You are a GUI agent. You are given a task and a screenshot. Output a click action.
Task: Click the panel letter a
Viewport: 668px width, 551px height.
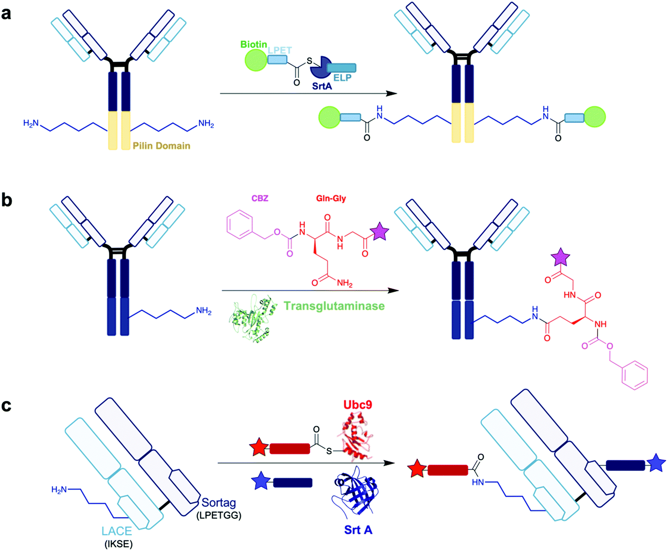coord(6,14)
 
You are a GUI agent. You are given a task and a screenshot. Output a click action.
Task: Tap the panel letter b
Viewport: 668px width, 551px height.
coord(6,200)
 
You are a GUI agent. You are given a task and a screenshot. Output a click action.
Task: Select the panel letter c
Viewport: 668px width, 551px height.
coord(6,405)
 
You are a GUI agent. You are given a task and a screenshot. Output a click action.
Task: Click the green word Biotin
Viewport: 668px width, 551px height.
coord(254,44)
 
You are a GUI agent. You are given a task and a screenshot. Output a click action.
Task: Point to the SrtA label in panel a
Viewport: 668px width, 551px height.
coord(322,86)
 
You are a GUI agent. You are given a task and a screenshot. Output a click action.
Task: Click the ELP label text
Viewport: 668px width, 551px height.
coord(342,78)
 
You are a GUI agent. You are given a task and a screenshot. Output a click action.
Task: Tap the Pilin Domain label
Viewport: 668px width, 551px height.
coord(161,146)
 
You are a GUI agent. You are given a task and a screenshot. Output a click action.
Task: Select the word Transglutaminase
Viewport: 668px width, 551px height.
coord(334,306)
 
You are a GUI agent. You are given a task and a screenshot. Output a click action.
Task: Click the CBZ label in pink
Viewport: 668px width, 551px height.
coord(260,199)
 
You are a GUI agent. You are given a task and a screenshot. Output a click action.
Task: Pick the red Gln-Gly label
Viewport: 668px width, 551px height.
coord(331,199)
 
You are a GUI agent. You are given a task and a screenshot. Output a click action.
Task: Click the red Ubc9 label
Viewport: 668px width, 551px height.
coord(358,404)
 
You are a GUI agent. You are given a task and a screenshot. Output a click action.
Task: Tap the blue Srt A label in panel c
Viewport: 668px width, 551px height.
coord(358,530)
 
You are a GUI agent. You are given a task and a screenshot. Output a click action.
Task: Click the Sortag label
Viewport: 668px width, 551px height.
coord(218,503)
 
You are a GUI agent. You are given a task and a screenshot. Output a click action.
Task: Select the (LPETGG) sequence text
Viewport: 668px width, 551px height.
coord(219,515)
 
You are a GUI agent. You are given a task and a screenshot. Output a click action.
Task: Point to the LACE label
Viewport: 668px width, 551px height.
coord(117,531)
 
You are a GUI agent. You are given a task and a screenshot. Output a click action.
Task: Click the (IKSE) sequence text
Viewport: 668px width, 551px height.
coord(118,544)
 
